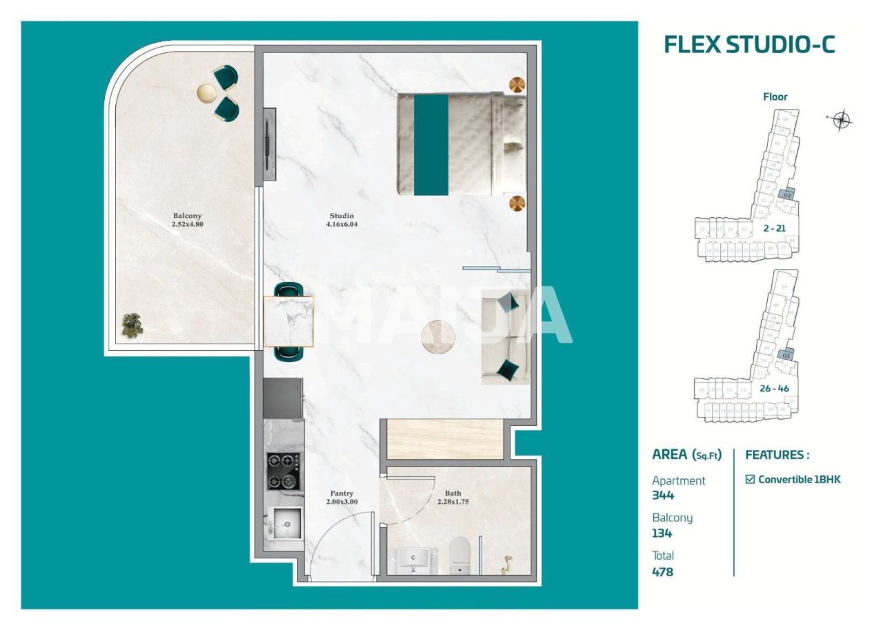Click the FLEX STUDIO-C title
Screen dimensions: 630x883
(749, 44)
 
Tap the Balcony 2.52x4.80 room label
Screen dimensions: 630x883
(187, 219)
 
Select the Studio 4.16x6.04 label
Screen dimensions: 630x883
(343, 220)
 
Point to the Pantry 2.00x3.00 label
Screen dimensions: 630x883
(341, 498)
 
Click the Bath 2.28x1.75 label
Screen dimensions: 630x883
(453, 498)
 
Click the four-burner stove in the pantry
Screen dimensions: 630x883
(284, 471)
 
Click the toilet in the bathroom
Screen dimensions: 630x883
(459, 556)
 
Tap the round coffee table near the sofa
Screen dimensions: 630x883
(439, 336)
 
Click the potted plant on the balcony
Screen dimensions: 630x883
(132, 325)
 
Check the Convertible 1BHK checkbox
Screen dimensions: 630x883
(751, 479)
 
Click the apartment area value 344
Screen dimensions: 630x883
(663, 495)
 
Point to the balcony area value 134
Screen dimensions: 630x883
(662, 533)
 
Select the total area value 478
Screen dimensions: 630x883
(662, 571)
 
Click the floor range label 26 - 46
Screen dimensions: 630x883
(774, 388)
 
